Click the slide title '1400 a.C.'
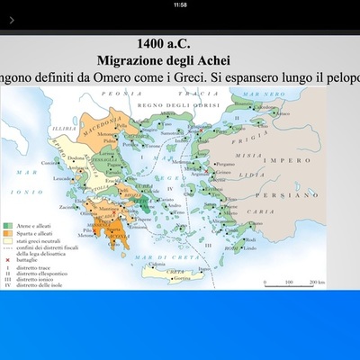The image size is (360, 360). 179,43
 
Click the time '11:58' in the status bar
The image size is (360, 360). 180,4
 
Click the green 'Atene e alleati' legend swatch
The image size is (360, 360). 9,224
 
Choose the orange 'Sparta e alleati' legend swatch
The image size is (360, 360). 9,233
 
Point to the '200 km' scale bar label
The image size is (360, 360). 316,282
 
